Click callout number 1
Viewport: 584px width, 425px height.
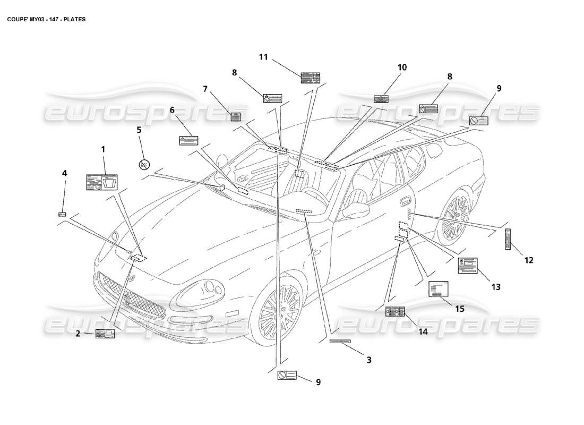[104, 149]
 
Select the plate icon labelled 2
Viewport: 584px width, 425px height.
[105, 334]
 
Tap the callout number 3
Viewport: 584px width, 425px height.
[368, 360]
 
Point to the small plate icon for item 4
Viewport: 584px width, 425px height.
[62, 214]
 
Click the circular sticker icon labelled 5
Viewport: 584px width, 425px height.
[143, 165]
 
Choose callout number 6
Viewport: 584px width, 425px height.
[172, 109]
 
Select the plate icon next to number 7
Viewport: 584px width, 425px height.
[236, 117]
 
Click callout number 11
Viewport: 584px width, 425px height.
[264, 57]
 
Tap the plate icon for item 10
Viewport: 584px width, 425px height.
[381, 99]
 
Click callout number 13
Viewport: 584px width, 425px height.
[495, 287]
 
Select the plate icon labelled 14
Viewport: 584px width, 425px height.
[395, 311]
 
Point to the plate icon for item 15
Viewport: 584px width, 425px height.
[438, 290]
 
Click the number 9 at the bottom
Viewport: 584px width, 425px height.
[318, 381]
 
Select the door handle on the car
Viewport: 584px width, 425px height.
[405, 200]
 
